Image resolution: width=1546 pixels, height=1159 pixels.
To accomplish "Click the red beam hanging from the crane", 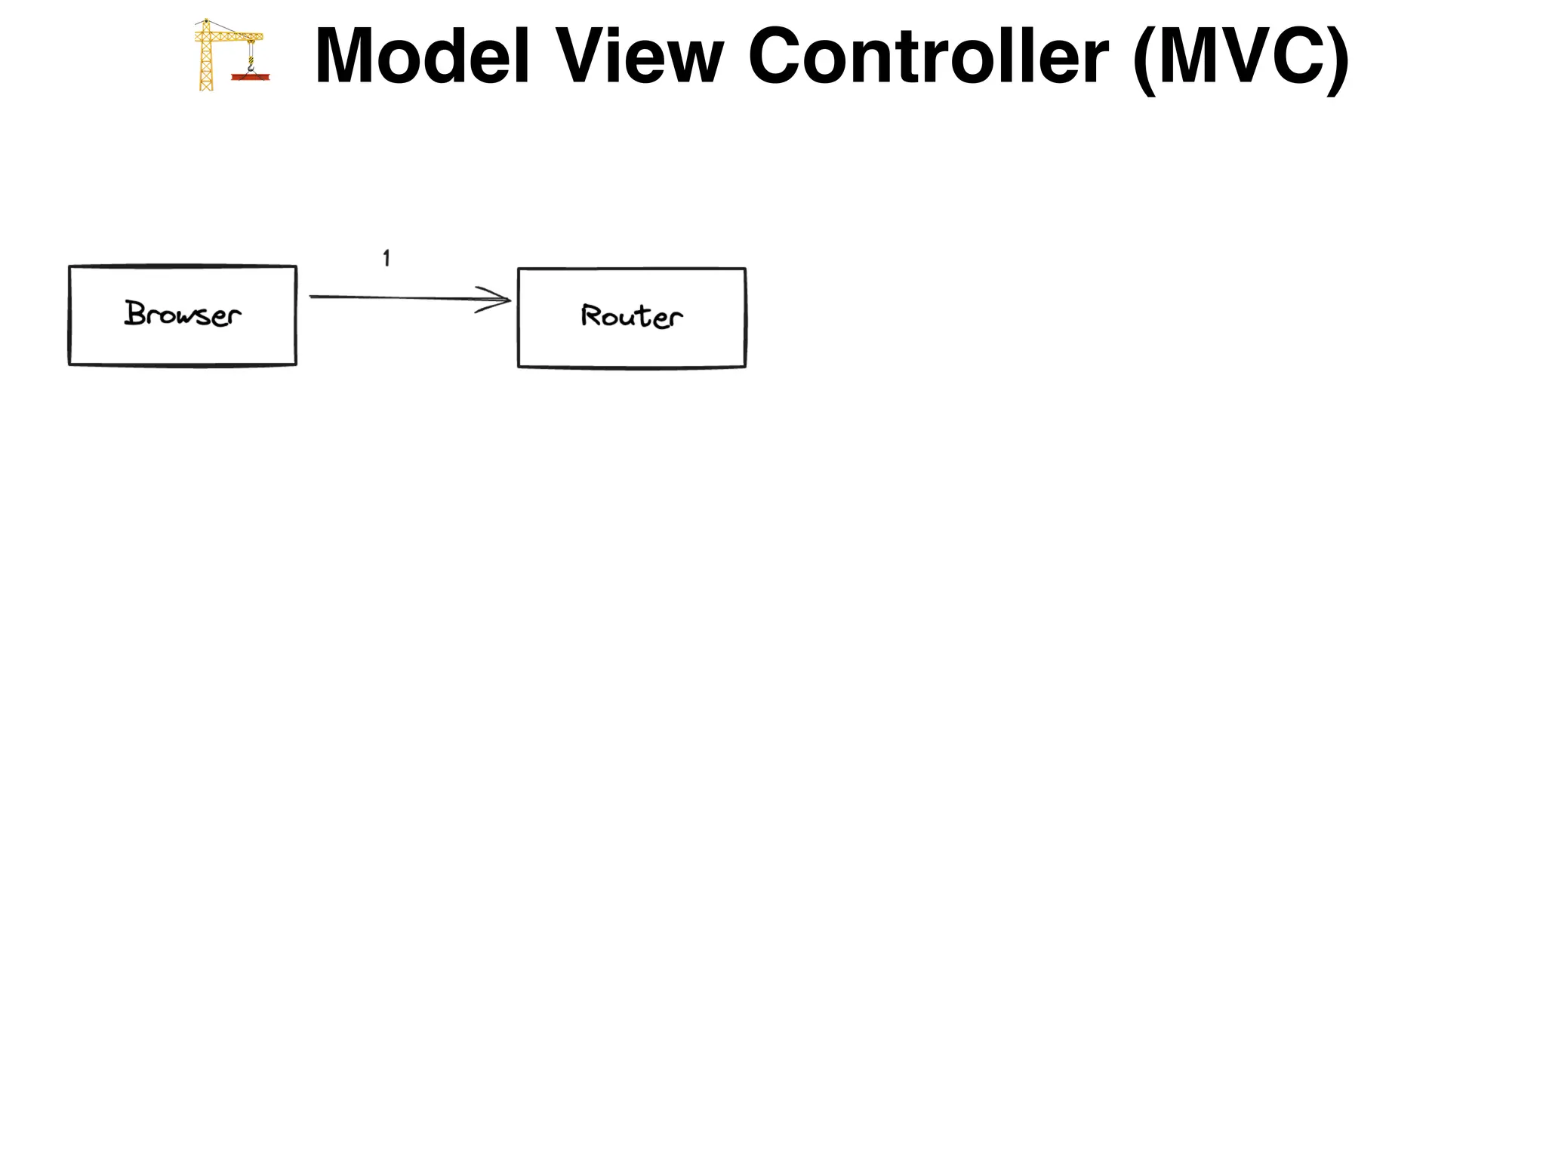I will (251, 76).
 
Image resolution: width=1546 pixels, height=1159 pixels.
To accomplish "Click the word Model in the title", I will (422, 57).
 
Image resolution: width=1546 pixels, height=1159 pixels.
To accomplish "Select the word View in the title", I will (639, 57).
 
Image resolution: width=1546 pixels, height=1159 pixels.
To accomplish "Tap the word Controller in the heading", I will (928, 57).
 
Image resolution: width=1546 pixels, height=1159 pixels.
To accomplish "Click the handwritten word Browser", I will (183, 314).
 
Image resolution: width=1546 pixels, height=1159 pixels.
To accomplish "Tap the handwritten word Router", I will (632, 316).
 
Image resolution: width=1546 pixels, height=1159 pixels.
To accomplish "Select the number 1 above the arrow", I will (386, 258).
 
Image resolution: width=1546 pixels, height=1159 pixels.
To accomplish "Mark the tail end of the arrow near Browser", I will (313, 297).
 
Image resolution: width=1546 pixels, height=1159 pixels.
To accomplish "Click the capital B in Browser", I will (136, 312).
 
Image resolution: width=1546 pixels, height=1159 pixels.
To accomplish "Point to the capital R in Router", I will (590, 315).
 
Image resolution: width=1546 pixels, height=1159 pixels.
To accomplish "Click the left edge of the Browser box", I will (69, 315).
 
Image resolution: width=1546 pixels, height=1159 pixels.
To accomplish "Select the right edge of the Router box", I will (745, 318).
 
